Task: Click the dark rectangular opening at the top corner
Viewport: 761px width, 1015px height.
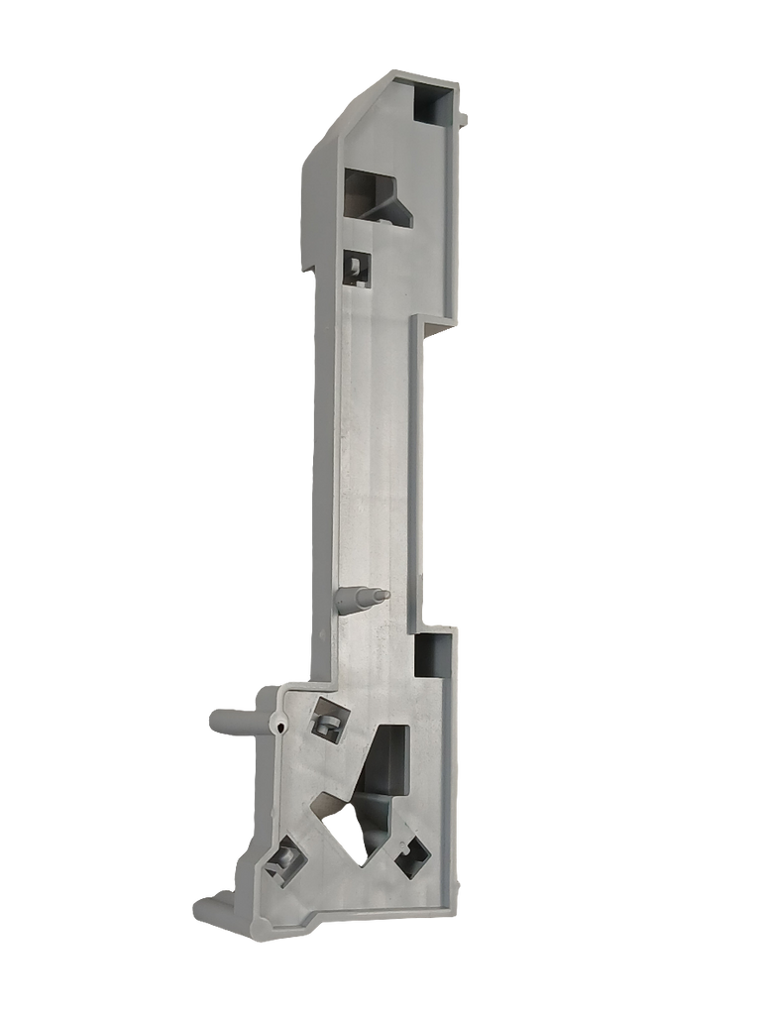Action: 432,102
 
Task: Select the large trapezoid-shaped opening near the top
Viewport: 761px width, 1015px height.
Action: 376,196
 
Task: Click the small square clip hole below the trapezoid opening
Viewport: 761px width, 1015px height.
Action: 356,265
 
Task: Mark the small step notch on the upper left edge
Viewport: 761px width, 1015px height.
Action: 307,268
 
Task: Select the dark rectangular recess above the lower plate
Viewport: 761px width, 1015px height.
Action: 433,654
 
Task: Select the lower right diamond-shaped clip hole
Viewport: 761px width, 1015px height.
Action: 412,854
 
